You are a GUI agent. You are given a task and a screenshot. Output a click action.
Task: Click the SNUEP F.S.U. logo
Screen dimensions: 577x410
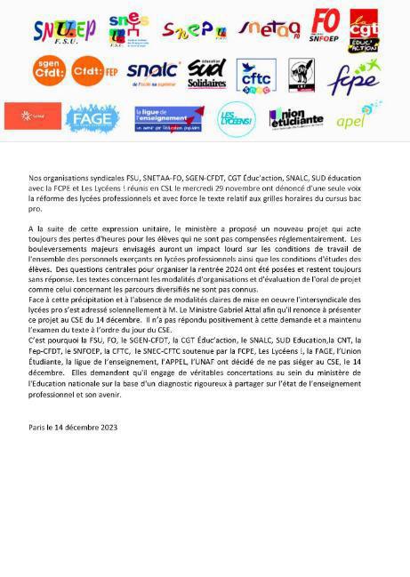64,30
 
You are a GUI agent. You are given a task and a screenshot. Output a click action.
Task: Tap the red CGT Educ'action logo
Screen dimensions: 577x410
363,31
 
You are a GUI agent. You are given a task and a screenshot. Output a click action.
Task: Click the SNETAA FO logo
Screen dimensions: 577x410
269,30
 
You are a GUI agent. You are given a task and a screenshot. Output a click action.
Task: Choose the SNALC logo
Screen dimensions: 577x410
153,72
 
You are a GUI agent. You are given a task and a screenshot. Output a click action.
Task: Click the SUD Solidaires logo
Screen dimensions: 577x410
206,74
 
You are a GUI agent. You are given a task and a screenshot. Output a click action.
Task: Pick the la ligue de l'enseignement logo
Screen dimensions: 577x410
163,117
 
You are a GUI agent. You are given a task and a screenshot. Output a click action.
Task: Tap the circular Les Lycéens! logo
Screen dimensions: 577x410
236,118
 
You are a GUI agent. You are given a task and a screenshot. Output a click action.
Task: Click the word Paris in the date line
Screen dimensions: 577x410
36,427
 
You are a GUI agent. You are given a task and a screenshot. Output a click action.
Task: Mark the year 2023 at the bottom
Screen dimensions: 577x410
106,427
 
